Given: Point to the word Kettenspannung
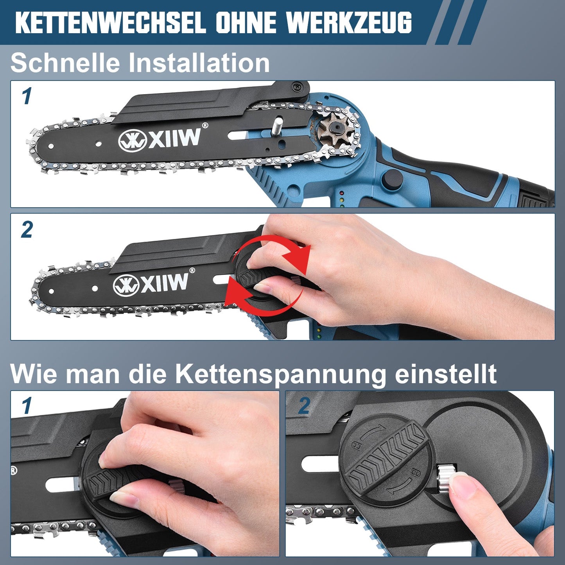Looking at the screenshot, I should pyautogui.click(x=281, y=375).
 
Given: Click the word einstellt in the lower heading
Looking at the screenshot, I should pyautogui.click(x=446, y=374).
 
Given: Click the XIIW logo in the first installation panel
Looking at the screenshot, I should pyautogui.click(x=160, y=138).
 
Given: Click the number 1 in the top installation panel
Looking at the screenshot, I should pyautogui.click(x=26, y=97).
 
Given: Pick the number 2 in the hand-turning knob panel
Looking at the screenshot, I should pyautogui.click(x=27, y=230).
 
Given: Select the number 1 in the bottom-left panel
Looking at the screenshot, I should pyautogui.click(x=26, y=406).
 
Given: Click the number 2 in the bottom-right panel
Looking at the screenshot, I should pyautogui.click(x=304, y=406).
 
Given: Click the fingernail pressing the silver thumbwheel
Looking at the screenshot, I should pyautogui.click(x=461, y=485).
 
